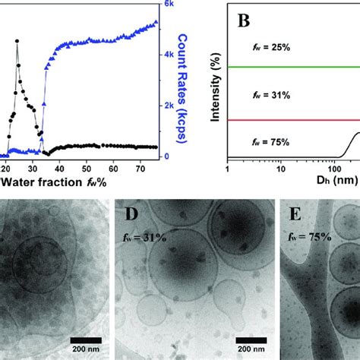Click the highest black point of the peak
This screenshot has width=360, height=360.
tap(17, 41)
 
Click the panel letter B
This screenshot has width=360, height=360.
tap(245, 22)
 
